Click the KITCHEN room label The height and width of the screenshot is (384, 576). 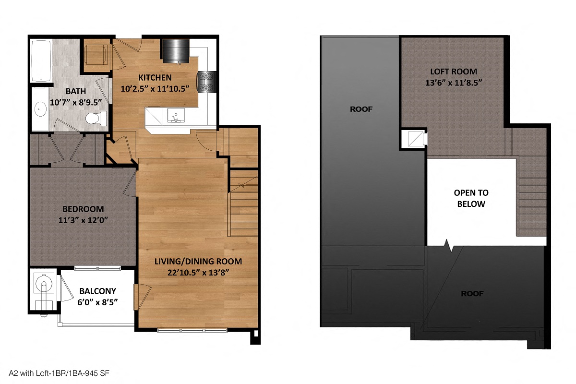click(x=155, y=78)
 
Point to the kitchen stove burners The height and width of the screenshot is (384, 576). click(x=207, y=82)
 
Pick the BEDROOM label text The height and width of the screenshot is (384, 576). click(x=83, y=209)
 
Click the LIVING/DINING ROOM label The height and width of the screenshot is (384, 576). click(x=198, y=262)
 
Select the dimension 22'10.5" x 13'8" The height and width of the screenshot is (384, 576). click(x=198, y=273)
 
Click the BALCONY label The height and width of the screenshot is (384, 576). click(x=98, y=291)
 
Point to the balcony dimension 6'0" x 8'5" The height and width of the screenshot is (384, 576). click(x=98, y=302)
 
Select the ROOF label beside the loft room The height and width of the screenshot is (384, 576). click(x=361, y=109)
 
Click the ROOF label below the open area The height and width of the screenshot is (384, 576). click(x=472, y=293)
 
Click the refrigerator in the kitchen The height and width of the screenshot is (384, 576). click(x=176, y=50)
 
